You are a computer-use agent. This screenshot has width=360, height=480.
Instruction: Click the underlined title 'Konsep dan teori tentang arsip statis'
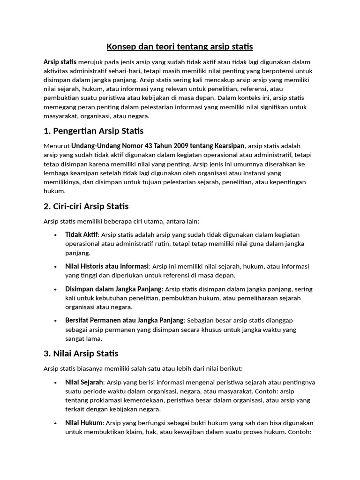tap(180, 46)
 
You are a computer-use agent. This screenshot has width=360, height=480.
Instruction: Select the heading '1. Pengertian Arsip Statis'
tap(93, 130)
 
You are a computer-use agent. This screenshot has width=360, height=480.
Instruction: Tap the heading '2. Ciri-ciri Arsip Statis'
tap(86, 206)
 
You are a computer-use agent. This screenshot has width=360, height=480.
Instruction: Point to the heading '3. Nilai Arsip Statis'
tap(81, 353)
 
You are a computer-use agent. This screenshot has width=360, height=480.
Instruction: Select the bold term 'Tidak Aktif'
tap(82, 234)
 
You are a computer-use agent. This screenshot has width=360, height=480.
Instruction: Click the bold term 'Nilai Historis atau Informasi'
tap(107, 266)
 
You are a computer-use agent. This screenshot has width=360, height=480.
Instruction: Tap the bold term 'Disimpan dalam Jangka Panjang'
tap(113, 289)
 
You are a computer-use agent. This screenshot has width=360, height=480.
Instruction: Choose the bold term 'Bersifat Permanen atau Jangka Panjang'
tap(124, 320)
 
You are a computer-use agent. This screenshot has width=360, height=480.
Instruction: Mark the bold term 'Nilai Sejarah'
tap(84, 382)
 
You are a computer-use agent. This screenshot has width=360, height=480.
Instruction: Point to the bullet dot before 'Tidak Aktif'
tap(56, 235)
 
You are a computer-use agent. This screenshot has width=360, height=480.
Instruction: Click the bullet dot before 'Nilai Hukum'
tap(56, 423)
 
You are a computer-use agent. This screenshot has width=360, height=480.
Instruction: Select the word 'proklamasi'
tap(105, 400)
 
